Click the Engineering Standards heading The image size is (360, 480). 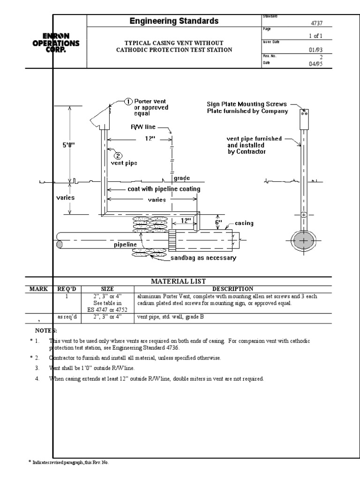[x=174, y=21]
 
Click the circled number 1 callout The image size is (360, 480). [x=128, y=101]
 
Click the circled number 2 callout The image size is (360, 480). [x=117, y=156]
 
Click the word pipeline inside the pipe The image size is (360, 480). [x=125, y=245]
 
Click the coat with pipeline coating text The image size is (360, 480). [x=164, y=189]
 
